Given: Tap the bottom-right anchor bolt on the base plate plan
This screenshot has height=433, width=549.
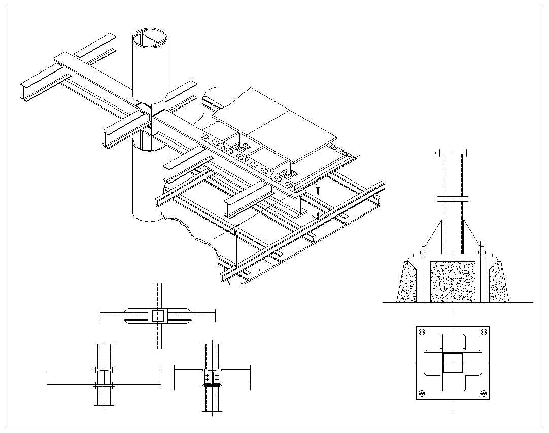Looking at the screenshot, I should (x=483, y=393).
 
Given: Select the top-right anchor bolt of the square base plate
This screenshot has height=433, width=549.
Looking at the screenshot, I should (x=483, y=332).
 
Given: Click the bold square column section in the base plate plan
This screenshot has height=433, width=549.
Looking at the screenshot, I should (x=453, y=363).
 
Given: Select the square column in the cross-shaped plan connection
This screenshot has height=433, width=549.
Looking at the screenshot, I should (x=158, y=316).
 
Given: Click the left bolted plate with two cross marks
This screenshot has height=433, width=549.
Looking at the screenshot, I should (x=209, y=377).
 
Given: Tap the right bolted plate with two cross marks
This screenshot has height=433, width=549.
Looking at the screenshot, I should (x=217, y=377).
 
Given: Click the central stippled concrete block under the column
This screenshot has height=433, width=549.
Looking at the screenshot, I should (x=452, y=282).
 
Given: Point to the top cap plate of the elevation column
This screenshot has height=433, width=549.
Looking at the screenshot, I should (x=453, y=153).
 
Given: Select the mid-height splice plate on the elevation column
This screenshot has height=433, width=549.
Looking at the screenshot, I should (x=453, y=197).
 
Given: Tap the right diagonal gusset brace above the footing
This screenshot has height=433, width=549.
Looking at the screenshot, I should (x=472, y=234).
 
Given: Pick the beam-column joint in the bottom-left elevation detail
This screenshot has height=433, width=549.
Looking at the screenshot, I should (x=104, y=377).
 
